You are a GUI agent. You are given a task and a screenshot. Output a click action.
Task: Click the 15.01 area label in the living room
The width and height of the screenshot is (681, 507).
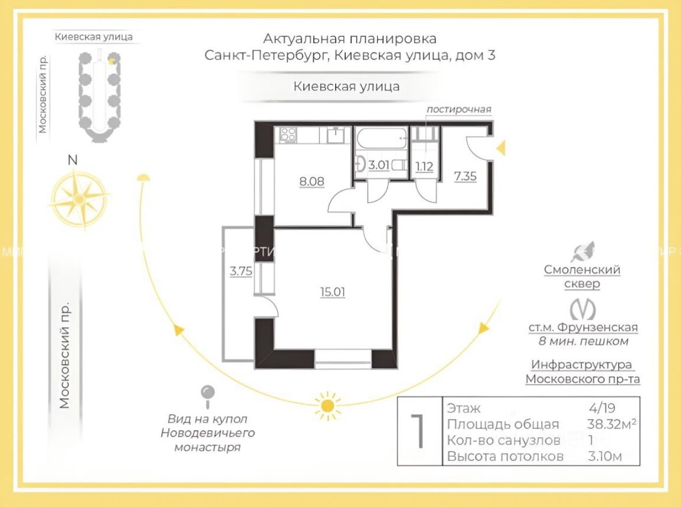click(x=333, y=292)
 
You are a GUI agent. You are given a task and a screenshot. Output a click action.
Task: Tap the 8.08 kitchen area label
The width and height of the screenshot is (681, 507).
click(x=311, y=181)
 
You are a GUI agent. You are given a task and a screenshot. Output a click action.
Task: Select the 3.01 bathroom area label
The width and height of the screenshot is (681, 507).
click(x=379, y=165)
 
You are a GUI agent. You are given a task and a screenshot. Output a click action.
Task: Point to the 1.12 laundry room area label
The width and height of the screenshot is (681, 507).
click(x=424, y=167)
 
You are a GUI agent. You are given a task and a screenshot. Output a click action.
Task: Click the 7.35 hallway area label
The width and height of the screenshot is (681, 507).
click(x=465, y=176)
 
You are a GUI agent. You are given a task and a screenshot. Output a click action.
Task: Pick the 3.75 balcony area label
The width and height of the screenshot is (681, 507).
click(x=241, y=271)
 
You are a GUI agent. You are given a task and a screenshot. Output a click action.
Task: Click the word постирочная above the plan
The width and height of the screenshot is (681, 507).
click(x=459, y=110)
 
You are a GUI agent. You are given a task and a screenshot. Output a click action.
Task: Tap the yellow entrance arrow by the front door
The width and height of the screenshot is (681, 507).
click(x=501, y=148)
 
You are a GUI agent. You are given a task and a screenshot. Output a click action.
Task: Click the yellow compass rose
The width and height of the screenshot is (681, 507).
click(x=79, y=198)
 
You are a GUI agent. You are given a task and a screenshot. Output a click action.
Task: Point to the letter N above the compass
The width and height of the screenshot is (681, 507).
click(x=73, y=160)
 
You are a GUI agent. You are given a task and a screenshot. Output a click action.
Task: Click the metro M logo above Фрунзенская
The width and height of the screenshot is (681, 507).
click(x=583, y=309)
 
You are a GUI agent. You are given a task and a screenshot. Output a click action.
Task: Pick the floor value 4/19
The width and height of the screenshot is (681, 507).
click(x=602, y=408)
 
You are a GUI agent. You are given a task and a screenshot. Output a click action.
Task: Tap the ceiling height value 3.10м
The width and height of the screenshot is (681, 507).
click(x=605, y=456)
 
